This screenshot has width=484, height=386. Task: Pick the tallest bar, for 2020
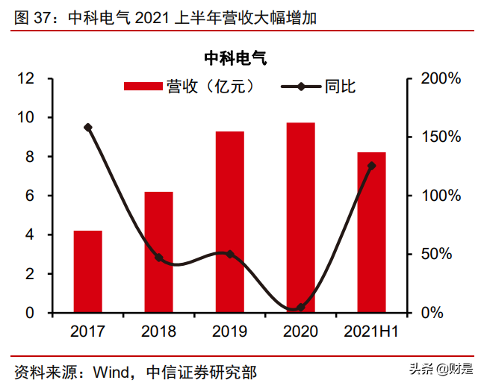tap(300, 217)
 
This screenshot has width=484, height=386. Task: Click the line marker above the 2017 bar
tap(88, 128)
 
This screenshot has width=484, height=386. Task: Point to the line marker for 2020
tap(300, 308)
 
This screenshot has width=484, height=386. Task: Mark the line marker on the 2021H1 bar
tap(371, 166)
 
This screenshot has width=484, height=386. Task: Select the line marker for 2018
tap(158, 258)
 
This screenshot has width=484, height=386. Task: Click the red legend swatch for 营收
tap(143, 87)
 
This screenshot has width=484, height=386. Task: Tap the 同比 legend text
tap(340, 87)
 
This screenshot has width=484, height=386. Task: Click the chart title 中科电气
tap(235, 57)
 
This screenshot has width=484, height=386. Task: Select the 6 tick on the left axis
tap(31, 196)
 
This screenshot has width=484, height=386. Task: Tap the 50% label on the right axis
tap(435, 254)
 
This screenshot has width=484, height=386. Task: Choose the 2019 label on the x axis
tap(230, 331)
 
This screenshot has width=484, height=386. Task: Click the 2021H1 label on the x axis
tap(371, 331)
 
